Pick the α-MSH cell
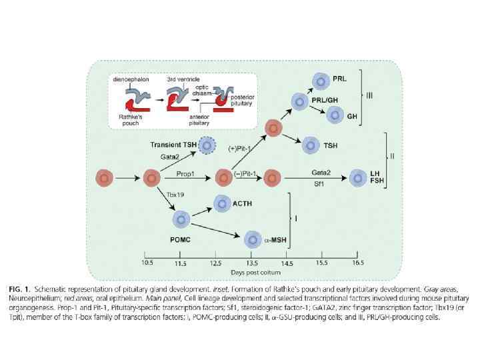point(253,239)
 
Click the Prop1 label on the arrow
point(185,173)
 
